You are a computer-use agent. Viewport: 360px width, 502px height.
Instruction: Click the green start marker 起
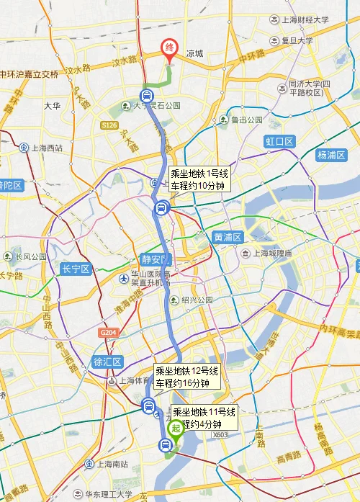point(175,429)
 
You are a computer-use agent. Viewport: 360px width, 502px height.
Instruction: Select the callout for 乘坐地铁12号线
point(186,377)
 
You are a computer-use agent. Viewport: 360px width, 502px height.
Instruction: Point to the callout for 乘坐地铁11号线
point(204,418)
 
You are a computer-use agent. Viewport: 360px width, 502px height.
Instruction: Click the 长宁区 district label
point(74,269)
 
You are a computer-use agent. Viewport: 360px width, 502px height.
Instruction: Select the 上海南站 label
point(107,463)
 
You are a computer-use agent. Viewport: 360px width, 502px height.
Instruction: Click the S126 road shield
point(108,125)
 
